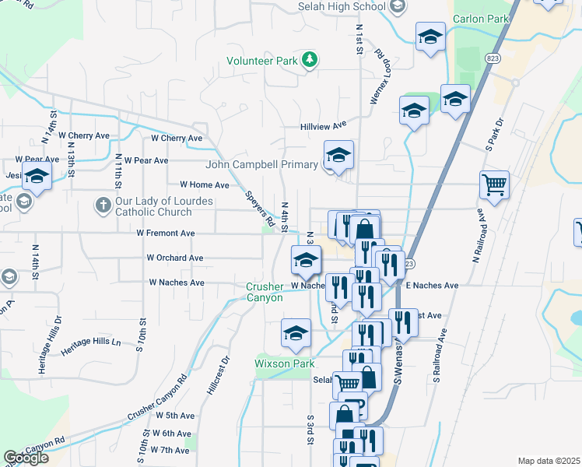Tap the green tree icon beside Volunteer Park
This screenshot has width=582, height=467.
[310, 60]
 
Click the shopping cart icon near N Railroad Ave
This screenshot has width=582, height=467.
[494, 186]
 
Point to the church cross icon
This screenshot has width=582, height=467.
[103, 205]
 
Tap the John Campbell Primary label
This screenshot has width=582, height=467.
[261, 164]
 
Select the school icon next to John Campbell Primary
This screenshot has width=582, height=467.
[338, 156]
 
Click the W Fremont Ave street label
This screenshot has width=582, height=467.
[165, 233]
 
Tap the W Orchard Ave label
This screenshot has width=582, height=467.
[175, 258]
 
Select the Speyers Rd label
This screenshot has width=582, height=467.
[259, 210]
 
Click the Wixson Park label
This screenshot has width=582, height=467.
[284, 363]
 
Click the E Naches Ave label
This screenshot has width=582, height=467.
[432, 286]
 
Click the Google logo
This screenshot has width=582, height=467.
[26, 458]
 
